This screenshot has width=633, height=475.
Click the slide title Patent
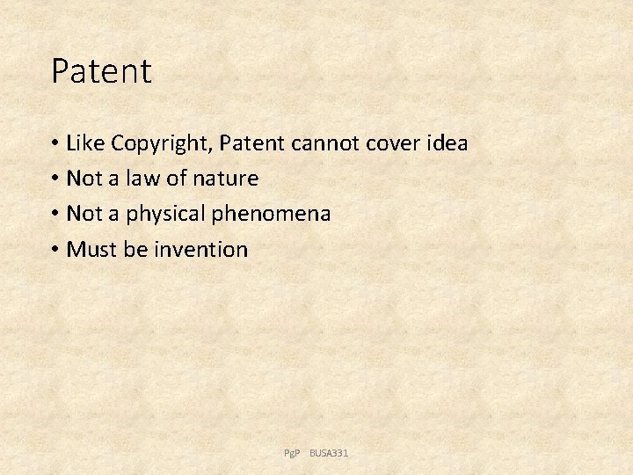(x=101, y=71)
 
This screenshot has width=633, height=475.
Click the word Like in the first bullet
(x=85, y=142)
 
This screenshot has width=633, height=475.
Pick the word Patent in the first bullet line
(x=257, y=142)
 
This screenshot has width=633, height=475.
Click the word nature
(x=225, y=179)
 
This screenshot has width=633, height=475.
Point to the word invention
(x=201, y=250)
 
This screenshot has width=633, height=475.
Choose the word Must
(x=92, y=250)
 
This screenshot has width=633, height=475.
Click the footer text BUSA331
(x=329, y=453)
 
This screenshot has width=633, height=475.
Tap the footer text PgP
(x=292, y=453)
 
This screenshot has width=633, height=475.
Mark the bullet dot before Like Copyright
(x=55, y=143)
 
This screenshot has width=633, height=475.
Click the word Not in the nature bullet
(x=85, y=179)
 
